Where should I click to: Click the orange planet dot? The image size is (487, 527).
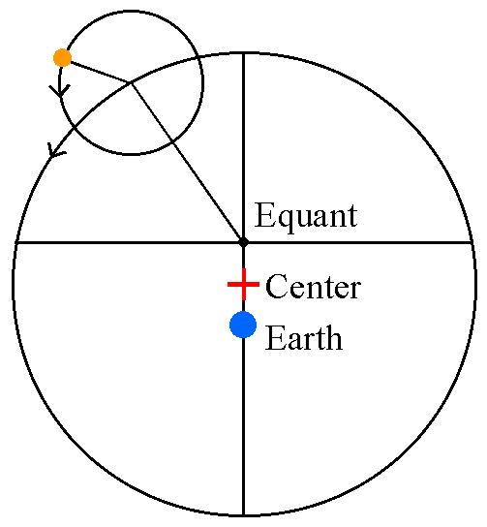coord(63,58)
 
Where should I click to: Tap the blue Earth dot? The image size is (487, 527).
coord(243,325)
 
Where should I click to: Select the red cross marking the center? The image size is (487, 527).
coord(244,285)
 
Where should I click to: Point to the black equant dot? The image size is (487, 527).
coord(244,241)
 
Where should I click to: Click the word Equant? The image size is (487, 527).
coord(306,216)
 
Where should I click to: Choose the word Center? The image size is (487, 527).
coord(313,287)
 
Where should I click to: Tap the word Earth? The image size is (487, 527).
coord(304,337)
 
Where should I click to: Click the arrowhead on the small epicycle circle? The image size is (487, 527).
coord(60,90)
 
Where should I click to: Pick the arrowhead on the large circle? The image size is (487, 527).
coord(54,151)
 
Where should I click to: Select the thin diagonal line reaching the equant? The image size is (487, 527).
coord(188,162)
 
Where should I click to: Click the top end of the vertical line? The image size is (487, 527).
coord(244,54)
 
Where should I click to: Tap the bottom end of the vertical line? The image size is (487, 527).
coord(244,514)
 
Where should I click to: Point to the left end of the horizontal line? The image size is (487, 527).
coord(15,242)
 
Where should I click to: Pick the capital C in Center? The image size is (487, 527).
coord(276,287)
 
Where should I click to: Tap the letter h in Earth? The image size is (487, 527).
coord(333,337)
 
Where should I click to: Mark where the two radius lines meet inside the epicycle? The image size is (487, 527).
coord(132,82)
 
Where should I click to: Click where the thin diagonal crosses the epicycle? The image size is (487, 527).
coord(172,141)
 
